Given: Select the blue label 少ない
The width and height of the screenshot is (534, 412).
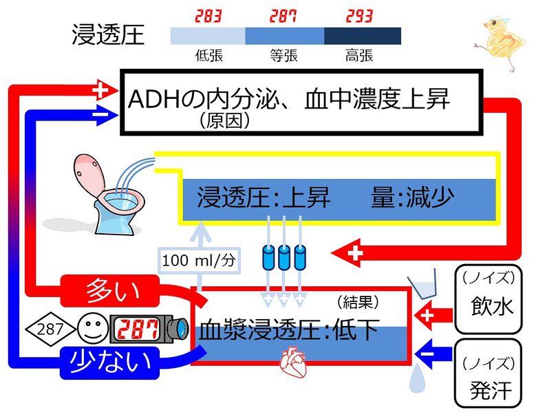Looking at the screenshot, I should coord(111,361).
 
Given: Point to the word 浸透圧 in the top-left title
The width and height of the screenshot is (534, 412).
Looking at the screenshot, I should coord(108,34).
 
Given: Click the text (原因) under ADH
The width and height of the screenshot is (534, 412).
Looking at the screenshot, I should coord(223,121).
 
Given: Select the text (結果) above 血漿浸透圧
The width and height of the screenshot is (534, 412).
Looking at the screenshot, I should coord(358,301).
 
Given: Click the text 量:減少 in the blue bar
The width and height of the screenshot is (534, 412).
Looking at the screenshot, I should coord(413,197).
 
